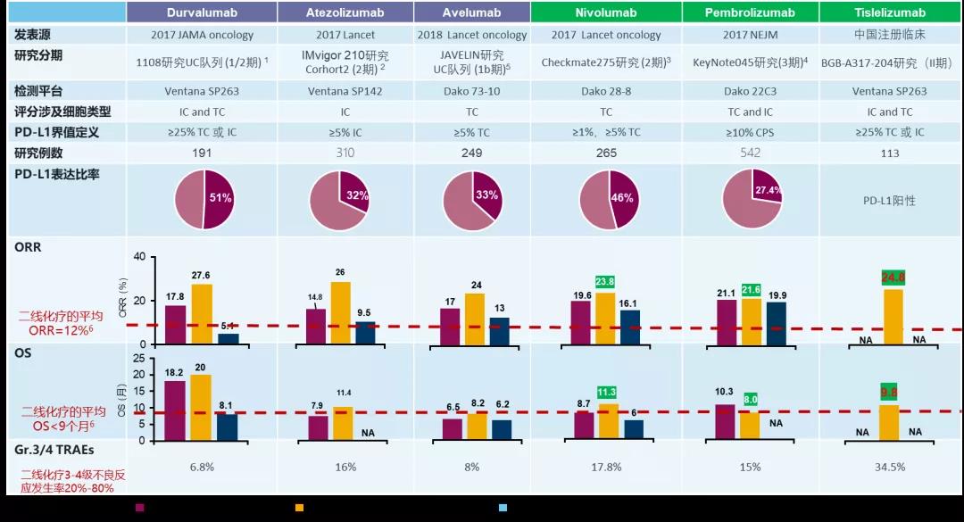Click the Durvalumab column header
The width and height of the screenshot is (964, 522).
201,12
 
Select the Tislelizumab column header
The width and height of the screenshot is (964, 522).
888,12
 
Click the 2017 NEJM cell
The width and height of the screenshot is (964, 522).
750,35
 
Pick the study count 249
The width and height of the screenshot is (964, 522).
471,153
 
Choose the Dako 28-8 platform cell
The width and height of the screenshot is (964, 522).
606,91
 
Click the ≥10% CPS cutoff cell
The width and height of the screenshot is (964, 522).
750,132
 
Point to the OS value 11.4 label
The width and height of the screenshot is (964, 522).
343,394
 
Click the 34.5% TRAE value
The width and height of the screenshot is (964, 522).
888,467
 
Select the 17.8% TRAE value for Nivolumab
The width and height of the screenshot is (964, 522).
606,467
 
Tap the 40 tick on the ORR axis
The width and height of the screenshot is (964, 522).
138,257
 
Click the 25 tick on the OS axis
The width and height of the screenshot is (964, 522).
138,358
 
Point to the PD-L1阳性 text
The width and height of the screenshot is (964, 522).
888,201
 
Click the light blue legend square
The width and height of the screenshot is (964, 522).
503,508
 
